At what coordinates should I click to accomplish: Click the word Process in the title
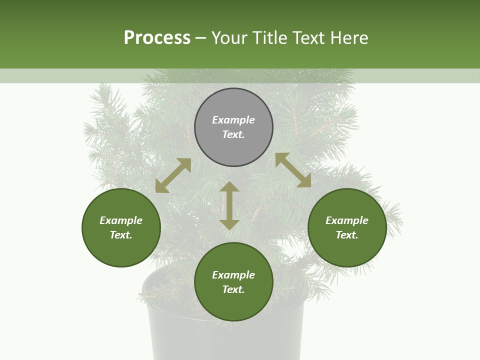point(157,38)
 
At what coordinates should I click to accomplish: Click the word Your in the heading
point(230,38)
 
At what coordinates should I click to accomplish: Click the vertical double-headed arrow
point(229,205)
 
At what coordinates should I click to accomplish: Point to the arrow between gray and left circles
point(173,175)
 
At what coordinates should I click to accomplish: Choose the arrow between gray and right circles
point(293,170)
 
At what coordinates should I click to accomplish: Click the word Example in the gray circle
point(233,120)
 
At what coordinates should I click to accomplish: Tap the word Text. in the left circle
point(121,235)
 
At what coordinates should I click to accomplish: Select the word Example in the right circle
point(347,220)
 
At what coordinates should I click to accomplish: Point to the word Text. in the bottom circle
point(233,289)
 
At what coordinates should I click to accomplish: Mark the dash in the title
point(201,38)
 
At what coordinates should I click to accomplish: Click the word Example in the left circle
point(121,220)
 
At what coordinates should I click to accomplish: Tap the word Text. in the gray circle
point(233,134)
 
